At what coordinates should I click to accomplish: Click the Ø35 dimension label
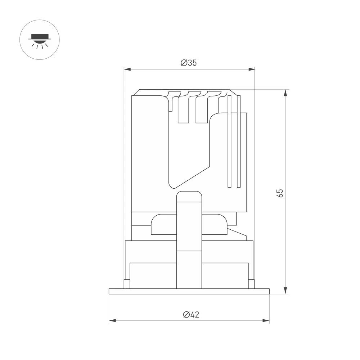point(189,63)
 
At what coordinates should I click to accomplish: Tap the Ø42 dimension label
point(191,314)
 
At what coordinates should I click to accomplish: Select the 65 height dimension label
point(280,193)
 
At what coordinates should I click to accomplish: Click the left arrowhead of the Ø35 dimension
point(127,69)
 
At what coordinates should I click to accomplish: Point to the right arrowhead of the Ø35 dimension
point(251,69)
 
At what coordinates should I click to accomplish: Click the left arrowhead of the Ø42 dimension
point(112,320)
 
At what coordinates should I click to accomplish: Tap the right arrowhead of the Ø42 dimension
point(266,320)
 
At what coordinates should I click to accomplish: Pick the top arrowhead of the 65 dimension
point(285,93)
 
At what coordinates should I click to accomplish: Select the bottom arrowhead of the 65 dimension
point(285,290)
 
